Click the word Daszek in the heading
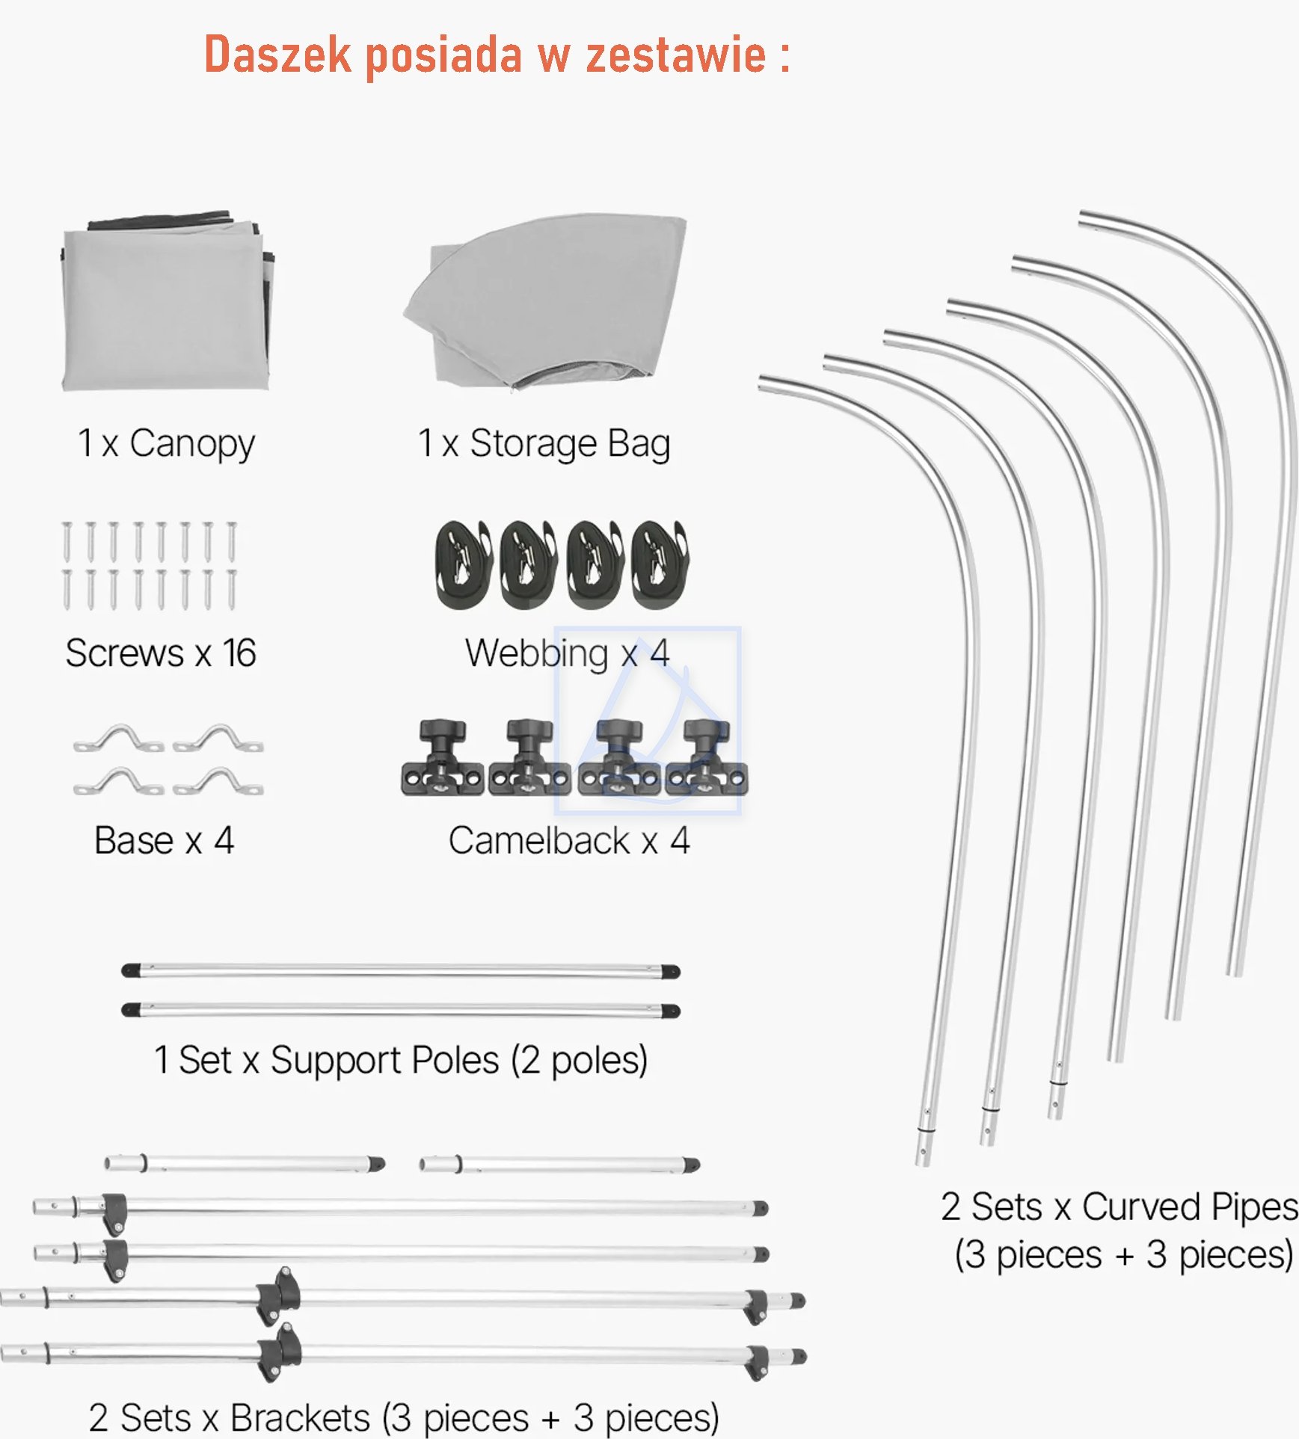tap(277, 55)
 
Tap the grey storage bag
tap(544, 302)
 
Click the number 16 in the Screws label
tap(239, 653)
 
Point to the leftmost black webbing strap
tap(462, 564)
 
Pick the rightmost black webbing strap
tap(660, 564)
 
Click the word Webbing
tap(537, 654)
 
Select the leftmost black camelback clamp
tap(442, 757)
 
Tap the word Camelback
tap(539, 840)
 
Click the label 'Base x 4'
tap(165, 840)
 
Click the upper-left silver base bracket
tap(119, 739)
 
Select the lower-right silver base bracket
tap(218, 782)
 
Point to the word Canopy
tap(192, 443)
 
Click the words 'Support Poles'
tap(385, 1060)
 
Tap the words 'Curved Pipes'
tap(1190, 1207)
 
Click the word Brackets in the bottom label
tap(300, 1417)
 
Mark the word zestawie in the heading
tap(676, 55)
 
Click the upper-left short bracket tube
tap(245, 1164)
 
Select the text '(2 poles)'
tap(580, 1060)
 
